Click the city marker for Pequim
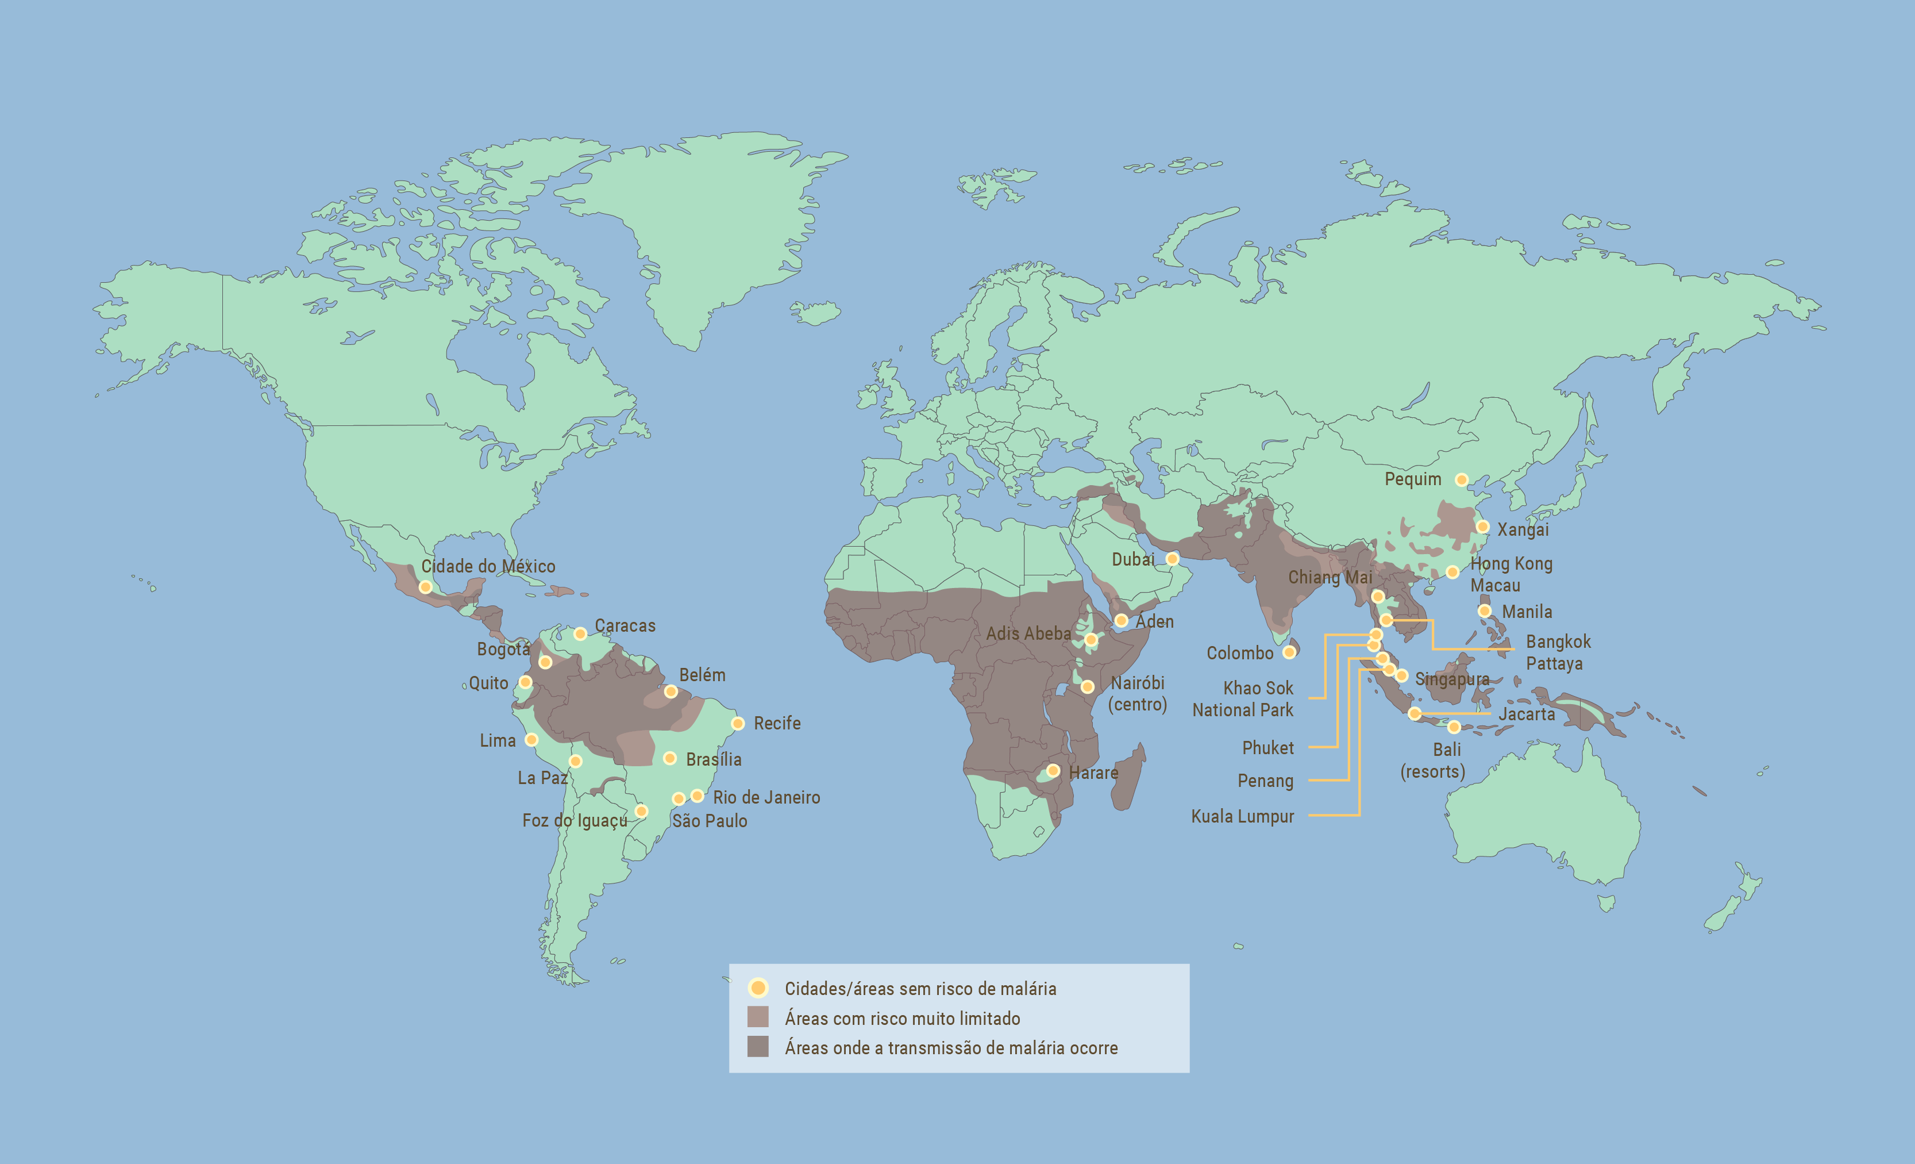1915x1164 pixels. click(1461, 480)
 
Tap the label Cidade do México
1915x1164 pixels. click(488, 566)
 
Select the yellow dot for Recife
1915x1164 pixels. click(738, 723)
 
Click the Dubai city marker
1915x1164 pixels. click(1172, 559)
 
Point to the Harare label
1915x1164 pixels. click(1093, 773)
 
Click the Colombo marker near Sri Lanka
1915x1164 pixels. click(1289, 652)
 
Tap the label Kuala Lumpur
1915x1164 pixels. click(1242, 816)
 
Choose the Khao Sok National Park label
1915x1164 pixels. click(1243, 699)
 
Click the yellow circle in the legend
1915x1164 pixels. click(758, 988)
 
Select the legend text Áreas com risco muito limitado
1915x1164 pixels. click(901, 1019)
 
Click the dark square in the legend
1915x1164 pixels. click(758, 1047)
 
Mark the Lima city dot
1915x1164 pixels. click(531, 739)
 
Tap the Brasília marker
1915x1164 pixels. click(669, 758)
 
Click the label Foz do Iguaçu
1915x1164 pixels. click(575, 820)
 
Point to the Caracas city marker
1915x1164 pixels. click(580, 633)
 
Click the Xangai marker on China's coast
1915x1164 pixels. click(1482, 527)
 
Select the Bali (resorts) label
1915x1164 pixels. click(1433, 760)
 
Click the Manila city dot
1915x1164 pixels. click(1485, 611)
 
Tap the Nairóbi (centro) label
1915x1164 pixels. click(1137, 694)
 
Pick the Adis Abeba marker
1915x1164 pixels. click(1091, 640)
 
